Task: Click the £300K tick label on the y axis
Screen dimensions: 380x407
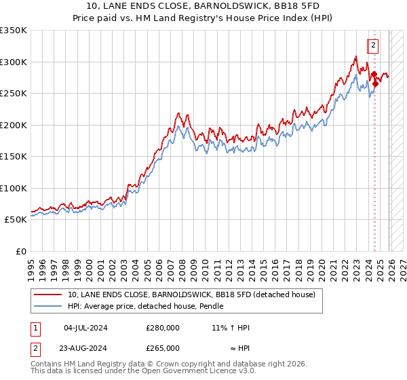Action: click(14, 62)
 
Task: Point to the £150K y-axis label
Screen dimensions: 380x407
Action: click(14, 157)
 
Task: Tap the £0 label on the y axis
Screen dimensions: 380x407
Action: click(20, 252)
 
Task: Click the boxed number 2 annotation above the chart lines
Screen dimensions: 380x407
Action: click(373, 45)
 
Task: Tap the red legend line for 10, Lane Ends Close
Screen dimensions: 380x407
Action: click(47, 295)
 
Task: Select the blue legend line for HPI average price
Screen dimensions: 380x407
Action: click(47, 307)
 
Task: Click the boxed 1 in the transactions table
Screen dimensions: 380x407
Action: click(35, 328)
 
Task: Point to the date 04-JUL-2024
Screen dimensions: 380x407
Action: click(85, 328)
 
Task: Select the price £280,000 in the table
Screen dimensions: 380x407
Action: click(163, 328)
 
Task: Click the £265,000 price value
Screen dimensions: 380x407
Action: click(163, 348)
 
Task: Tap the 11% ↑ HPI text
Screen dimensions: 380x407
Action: click(230, 328)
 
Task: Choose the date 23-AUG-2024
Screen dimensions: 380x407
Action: click(85, 348)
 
